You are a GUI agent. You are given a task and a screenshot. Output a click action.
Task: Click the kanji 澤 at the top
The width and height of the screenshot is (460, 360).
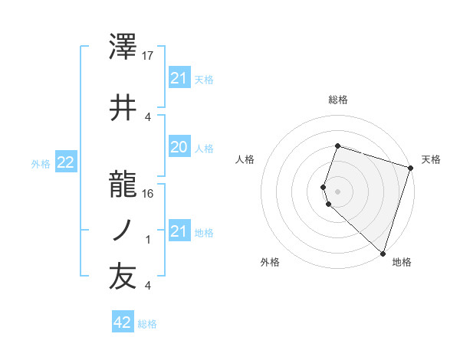point(123,48)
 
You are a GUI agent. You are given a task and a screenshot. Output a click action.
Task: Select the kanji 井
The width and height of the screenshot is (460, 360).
point(123,106)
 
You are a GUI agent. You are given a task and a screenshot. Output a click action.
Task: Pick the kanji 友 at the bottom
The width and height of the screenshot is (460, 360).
point(123,277)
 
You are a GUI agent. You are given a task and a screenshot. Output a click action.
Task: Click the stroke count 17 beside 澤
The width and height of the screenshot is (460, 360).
point(148,56)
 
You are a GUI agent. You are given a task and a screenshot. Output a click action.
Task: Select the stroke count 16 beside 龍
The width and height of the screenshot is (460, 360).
point(148,193)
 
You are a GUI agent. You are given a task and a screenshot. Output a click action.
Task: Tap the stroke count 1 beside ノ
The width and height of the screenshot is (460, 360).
point(148,240)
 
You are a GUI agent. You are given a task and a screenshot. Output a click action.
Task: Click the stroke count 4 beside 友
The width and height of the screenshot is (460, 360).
point(148,286)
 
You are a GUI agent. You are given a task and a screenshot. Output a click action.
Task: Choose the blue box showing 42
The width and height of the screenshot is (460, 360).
point(123,322)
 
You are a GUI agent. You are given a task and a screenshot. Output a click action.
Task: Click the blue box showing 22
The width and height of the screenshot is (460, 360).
point(66,162)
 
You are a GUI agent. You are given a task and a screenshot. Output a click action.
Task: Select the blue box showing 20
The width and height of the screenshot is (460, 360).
point(179,148)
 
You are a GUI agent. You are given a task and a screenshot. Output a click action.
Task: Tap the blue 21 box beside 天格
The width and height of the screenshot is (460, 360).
point(179,78)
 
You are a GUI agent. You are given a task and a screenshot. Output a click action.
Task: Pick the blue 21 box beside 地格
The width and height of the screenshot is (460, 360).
point(179,231)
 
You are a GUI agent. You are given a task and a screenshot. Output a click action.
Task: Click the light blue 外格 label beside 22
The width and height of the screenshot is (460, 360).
point(41,163)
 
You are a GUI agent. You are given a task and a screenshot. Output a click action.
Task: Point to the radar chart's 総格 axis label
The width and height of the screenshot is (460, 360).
point(338,100)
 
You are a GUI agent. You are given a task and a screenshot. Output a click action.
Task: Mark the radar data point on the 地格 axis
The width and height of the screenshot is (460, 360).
point(382,253)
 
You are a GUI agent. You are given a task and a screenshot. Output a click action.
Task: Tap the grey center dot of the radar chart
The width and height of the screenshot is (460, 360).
point(338,190)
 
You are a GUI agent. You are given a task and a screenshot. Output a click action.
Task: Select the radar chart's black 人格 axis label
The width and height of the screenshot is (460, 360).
point(245,159)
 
